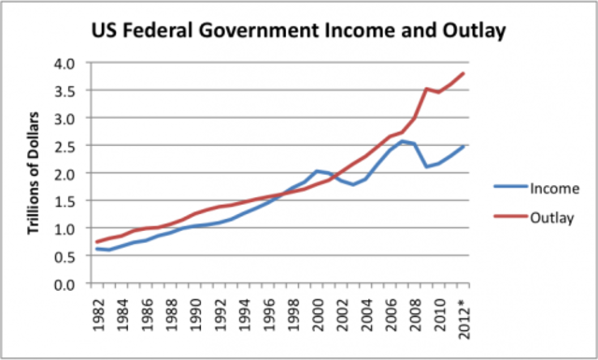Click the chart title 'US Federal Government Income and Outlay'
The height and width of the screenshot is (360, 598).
pyautogui.click(x=298, y=31)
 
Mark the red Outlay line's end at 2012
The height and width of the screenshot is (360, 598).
pyautogui.click(x=464, y=74)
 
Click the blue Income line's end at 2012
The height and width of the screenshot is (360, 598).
pyautogui.click(x=464, y=147)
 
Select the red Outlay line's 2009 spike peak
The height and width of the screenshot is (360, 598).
pyautogui.click(x=427, y=89)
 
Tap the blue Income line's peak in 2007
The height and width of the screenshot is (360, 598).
pyautogui.click(x=403, y=141)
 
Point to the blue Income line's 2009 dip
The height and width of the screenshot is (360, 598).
pyautogui.click(x=427, y=166)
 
